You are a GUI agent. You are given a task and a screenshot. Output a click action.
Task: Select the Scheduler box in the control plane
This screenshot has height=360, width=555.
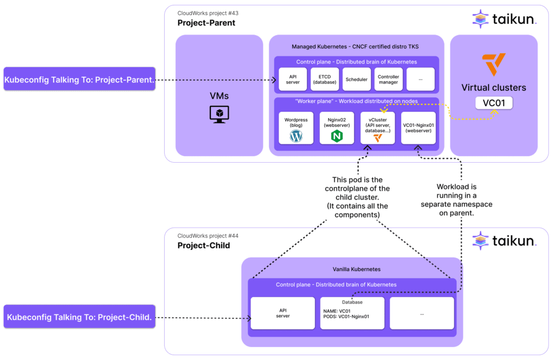coord(356,79)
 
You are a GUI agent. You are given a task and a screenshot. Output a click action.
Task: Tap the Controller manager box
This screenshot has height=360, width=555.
coord(388,79)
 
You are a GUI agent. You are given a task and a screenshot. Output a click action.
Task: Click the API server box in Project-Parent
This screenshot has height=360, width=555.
coord(293,79)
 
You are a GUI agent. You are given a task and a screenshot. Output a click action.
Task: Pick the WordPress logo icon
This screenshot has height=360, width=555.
coord(295,136)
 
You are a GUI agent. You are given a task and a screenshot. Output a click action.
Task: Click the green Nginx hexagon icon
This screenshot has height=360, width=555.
coord(337,136)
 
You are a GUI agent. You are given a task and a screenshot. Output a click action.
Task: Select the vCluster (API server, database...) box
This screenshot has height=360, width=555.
coord(378,128)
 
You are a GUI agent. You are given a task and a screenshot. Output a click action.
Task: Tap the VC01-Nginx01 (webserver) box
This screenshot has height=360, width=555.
coord(418,128)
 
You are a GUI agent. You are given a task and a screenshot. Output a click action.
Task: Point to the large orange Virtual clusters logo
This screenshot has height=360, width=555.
coord(494,65)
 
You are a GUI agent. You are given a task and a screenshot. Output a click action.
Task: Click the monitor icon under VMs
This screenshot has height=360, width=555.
coord(219,114)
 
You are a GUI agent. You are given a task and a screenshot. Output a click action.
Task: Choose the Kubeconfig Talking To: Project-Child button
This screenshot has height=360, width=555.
coord(80,317)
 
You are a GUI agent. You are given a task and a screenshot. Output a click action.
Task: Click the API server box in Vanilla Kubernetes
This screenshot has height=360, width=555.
coord(282,313)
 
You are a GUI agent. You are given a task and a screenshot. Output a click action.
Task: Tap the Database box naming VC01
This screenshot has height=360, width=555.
coord(352,313)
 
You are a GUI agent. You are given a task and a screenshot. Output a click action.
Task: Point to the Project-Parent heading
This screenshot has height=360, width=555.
coord(206,23)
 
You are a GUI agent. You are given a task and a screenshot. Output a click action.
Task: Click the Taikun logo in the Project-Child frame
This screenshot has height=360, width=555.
coord(504,240)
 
